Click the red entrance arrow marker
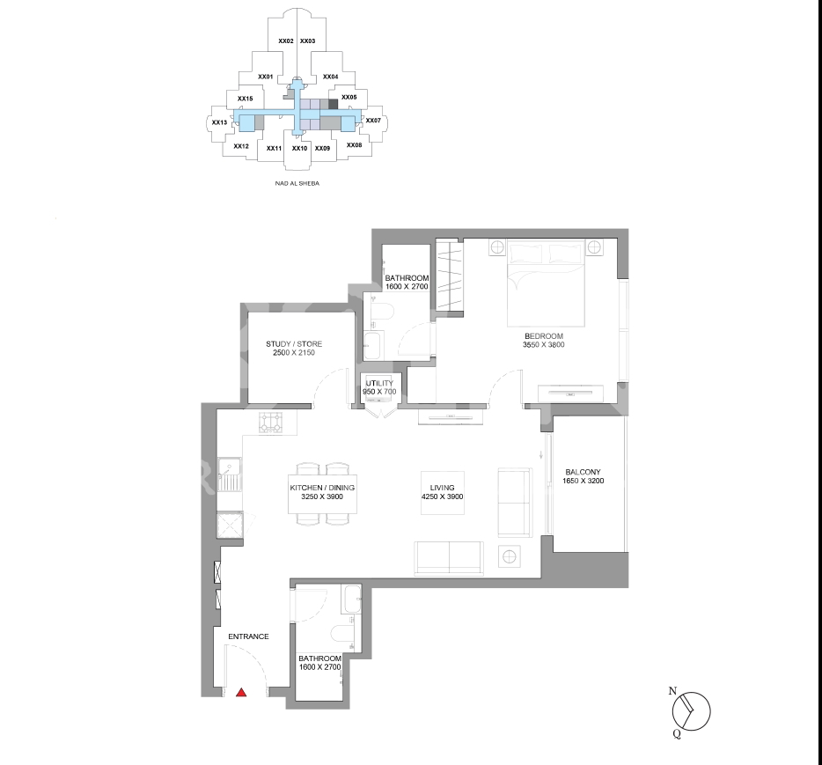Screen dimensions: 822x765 (x=241, y=693)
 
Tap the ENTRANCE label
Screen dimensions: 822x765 (x=248, y=636)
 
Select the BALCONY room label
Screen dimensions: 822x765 (x=583, y=472)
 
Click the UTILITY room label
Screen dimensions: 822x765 (x=379, y=383)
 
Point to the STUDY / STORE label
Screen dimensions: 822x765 (x=294, y=344)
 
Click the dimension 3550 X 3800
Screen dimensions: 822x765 (x=544, y=344)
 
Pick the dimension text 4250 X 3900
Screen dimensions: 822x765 (x=443, y=497)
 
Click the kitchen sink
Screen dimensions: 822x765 (x=230, y=475)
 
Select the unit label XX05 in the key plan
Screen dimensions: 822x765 (x=349, y=97)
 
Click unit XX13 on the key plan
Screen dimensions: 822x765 (x=220, y=122)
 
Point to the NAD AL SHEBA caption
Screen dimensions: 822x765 (x=297, y=183)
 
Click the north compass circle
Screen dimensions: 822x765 (x=692, y=711)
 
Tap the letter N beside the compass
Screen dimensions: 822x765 (x=672, y=691)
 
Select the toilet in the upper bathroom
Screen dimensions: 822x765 (x=382, y=312)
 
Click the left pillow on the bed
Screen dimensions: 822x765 (x=527, y=254)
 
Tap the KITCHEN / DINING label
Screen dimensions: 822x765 (x=322, y=488)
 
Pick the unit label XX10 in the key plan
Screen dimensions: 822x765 (x=300, y=149)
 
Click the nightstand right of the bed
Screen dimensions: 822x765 (x=594, y=247)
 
